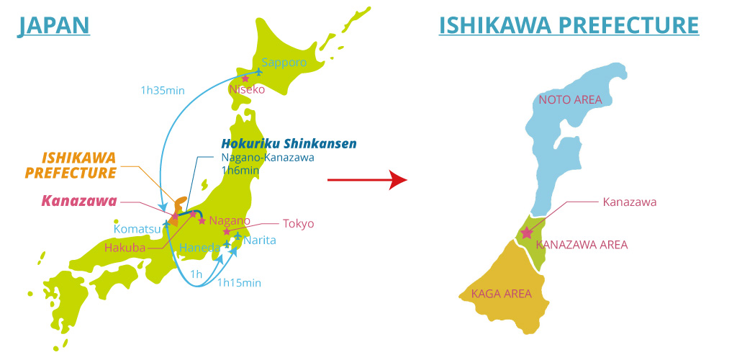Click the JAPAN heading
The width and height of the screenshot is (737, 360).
(x=54, y=25)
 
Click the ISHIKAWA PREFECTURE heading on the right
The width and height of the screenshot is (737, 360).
(x=569, y=25)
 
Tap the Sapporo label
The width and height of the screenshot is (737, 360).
(x=284, y=63)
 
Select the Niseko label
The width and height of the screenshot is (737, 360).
(x=247, y=90)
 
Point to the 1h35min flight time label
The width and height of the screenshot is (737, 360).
(x=162, y=91)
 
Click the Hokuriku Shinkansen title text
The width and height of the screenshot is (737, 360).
(x=289, y=143)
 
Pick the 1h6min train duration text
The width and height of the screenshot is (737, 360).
(x=240, y=171)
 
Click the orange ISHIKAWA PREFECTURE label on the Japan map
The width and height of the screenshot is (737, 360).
(x=70, y=165)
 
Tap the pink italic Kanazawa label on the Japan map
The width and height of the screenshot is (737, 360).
(x=78, y=201)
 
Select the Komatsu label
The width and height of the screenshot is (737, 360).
(x=137, y=229)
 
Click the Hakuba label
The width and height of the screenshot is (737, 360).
(x=125, y=248)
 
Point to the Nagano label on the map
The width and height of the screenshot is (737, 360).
(x=230, y=220)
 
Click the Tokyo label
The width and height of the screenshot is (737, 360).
(x=298, y=223)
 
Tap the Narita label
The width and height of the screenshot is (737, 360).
(x=259, y=240)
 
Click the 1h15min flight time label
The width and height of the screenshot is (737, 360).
(x=239, y=282)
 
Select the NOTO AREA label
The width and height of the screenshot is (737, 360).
(x=570, y=99)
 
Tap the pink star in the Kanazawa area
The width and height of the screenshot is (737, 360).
(x=527, y=233)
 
